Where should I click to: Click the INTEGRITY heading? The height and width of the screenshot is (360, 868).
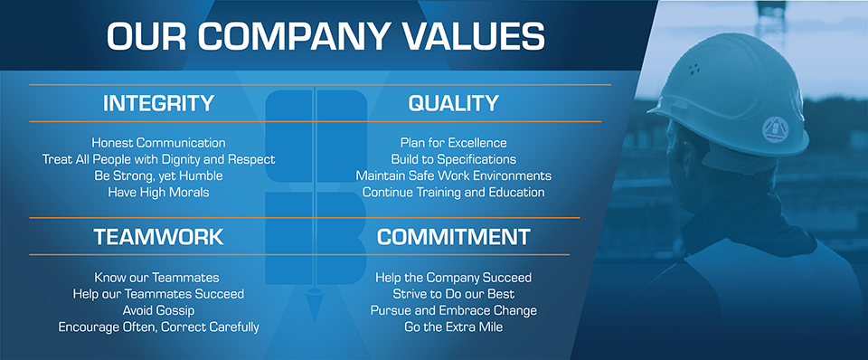(x=158, y=103)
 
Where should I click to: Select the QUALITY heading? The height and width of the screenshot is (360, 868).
(x=453, y=103)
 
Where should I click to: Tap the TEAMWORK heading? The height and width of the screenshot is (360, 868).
(x=158, y=237)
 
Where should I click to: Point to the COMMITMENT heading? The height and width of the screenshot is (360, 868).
(x=453, y=237)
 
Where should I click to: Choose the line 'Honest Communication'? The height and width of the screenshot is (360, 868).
(x=158, y=143)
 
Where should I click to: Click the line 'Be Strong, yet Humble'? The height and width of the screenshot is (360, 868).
(x=158, y=176)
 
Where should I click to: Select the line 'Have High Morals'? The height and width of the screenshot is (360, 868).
(x=158, y=193)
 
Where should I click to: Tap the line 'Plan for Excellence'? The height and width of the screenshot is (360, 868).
(x=453, y=143)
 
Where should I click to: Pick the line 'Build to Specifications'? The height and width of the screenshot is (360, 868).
(x=453, y=159)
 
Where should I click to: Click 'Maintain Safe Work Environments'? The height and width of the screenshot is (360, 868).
(x=453, y=176)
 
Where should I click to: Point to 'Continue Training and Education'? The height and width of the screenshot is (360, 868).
(x=453, y=193)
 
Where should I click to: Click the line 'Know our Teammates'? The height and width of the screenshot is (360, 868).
(x=156, y=278)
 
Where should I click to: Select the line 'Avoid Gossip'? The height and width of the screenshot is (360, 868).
(x=158, y=311)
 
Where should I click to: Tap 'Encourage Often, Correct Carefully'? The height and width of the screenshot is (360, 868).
(x=158, y=327)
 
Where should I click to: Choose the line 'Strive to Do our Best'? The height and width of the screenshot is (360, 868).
(x=453, y=294)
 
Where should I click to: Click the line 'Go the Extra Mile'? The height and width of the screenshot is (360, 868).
(x=453, y=327)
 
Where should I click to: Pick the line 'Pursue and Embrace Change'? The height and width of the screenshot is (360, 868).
(x=453, y=311)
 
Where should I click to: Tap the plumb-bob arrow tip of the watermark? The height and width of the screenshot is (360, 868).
(x=314, y=322)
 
